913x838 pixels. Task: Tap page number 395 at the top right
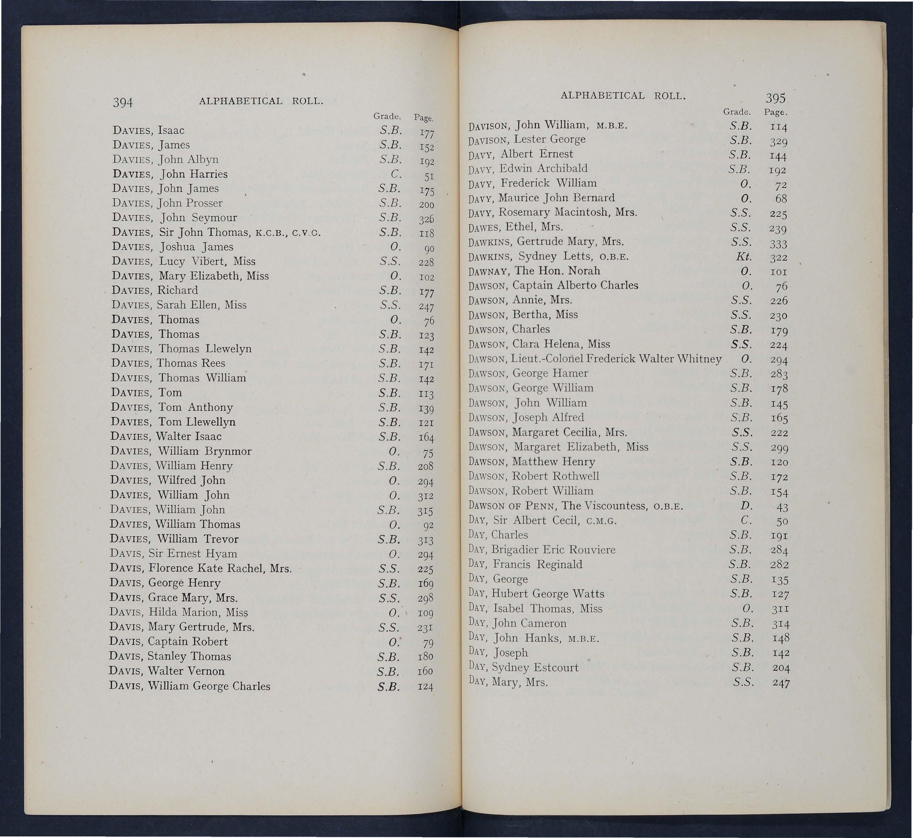[775, 98]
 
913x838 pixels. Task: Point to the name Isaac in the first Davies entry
[171, 131]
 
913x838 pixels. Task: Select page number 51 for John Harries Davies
[428, 176]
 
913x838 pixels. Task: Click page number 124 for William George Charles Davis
[425, 687]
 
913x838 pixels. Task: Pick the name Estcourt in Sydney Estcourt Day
[556, 668]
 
